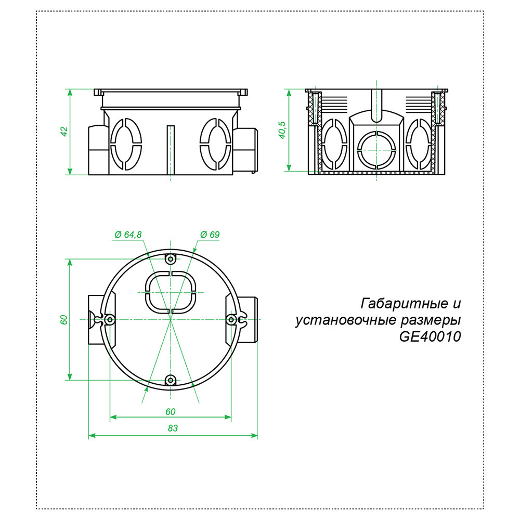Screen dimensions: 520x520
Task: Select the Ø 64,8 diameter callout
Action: point(127,235)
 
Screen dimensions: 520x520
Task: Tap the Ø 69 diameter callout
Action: point(210,235)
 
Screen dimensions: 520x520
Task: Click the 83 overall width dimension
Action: point(173,428)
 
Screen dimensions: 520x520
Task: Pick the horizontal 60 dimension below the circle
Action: point(170,411)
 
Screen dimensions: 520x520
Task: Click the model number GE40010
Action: point(430,337)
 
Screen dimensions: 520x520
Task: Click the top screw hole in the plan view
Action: point(170,259)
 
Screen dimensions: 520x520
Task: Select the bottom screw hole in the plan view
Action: point(170,380)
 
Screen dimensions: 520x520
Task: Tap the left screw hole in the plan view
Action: point(110,319)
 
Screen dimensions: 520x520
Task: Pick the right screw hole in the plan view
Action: point(231,319)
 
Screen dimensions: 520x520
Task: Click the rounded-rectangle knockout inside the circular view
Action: point(170,292)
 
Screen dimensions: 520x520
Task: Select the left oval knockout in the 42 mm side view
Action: point(125,144)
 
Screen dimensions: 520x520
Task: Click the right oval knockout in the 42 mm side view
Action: point(215,144)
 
